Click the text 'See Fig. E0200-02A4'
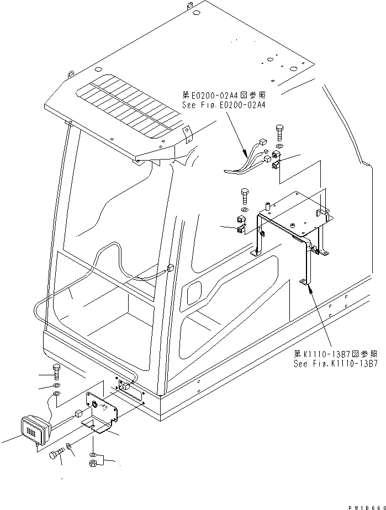click(x=224, y=105)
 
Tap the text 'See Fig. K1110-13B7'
click(x=335, y=364)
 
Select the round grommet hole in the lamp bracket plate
click(x=94, y=406)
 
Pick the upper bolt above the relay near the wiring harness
click(x=278, y=132)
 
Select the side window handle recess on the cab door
click(x=194, y=293)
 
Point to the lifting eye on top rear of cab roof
click(x=189, y=7)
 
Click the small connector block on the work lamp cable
click(x=78, y=412)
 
